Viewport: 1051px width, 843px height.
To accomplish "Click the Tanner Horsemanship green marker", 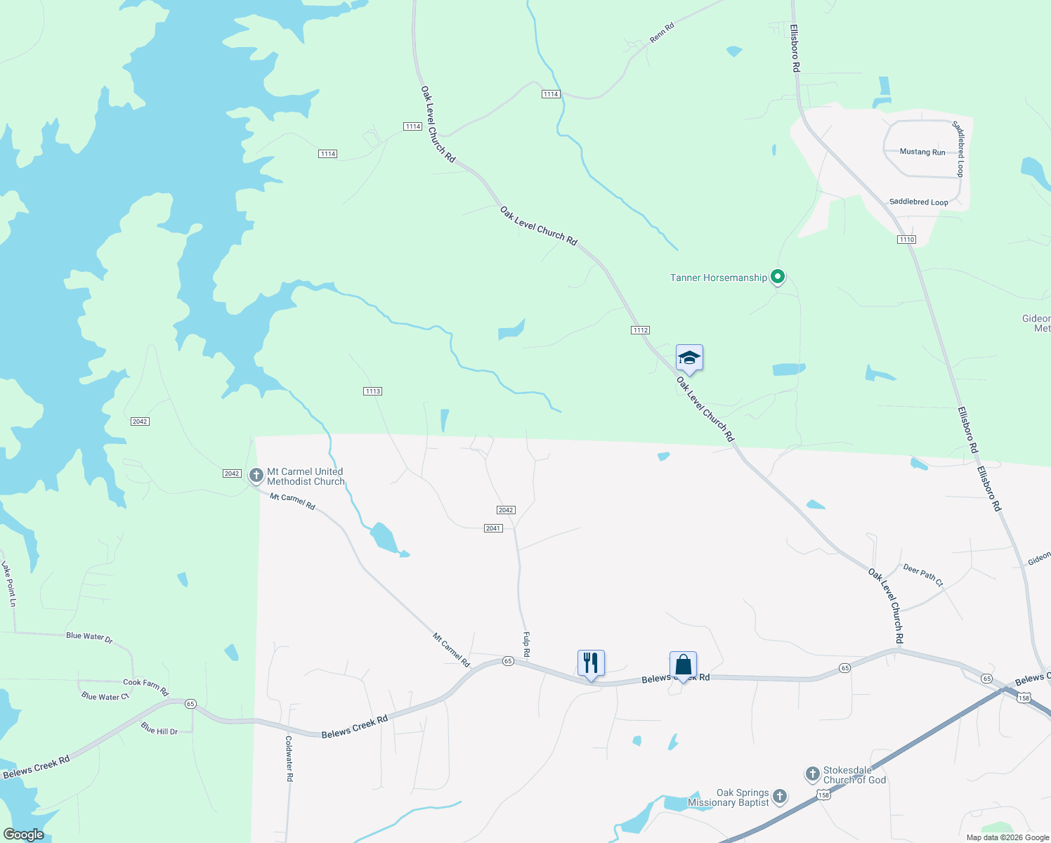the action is (777, 277).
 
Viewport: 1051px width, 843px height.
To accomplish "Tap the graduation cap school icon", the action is (689, 358).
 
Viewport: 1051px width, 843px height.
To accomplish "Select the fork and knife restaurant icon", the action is (591, 662).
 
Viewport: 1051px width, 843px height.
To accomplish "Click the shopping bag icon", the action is (683, 664).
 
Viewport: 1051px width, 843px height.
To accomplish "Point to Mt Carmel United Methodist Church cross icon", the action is (256, 476).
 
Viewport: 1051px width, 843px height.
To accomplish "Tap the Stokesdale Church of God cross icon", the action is (812, 774).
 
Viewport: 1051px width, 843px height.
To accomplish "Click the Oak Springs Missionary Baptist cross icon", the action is (780, 797).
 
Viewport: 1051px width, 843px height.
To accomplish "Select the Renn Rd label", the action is (662, 32).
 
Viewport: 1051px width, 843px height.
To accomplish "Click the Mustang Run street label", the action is (922, 152).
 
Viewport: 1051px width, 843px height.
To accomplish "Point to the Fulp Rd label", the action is (526, 644).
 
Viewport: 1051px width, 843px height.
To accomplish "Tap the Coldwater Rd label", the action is (289, 758).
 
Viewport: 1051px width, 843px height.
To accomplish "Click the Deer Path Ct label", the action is (923, 575).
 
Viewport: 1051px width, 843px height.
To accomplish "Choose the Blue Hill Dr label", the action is (159, 728).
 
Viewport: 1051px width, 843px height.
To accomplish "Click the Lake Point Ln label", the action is (8, 583).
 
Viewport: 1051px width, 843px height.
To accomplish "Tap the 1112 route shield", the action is (640, 330).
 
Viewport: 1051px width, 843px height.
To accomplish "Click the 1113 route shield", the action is (372, 391).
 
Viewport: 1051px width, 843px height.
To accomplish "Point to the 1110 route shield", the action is (906, 240).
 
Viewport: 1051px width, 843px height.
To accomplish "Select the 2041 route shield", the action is (493, 528).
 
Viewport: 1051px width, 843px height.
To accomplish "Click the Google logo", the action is (24, 835).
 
